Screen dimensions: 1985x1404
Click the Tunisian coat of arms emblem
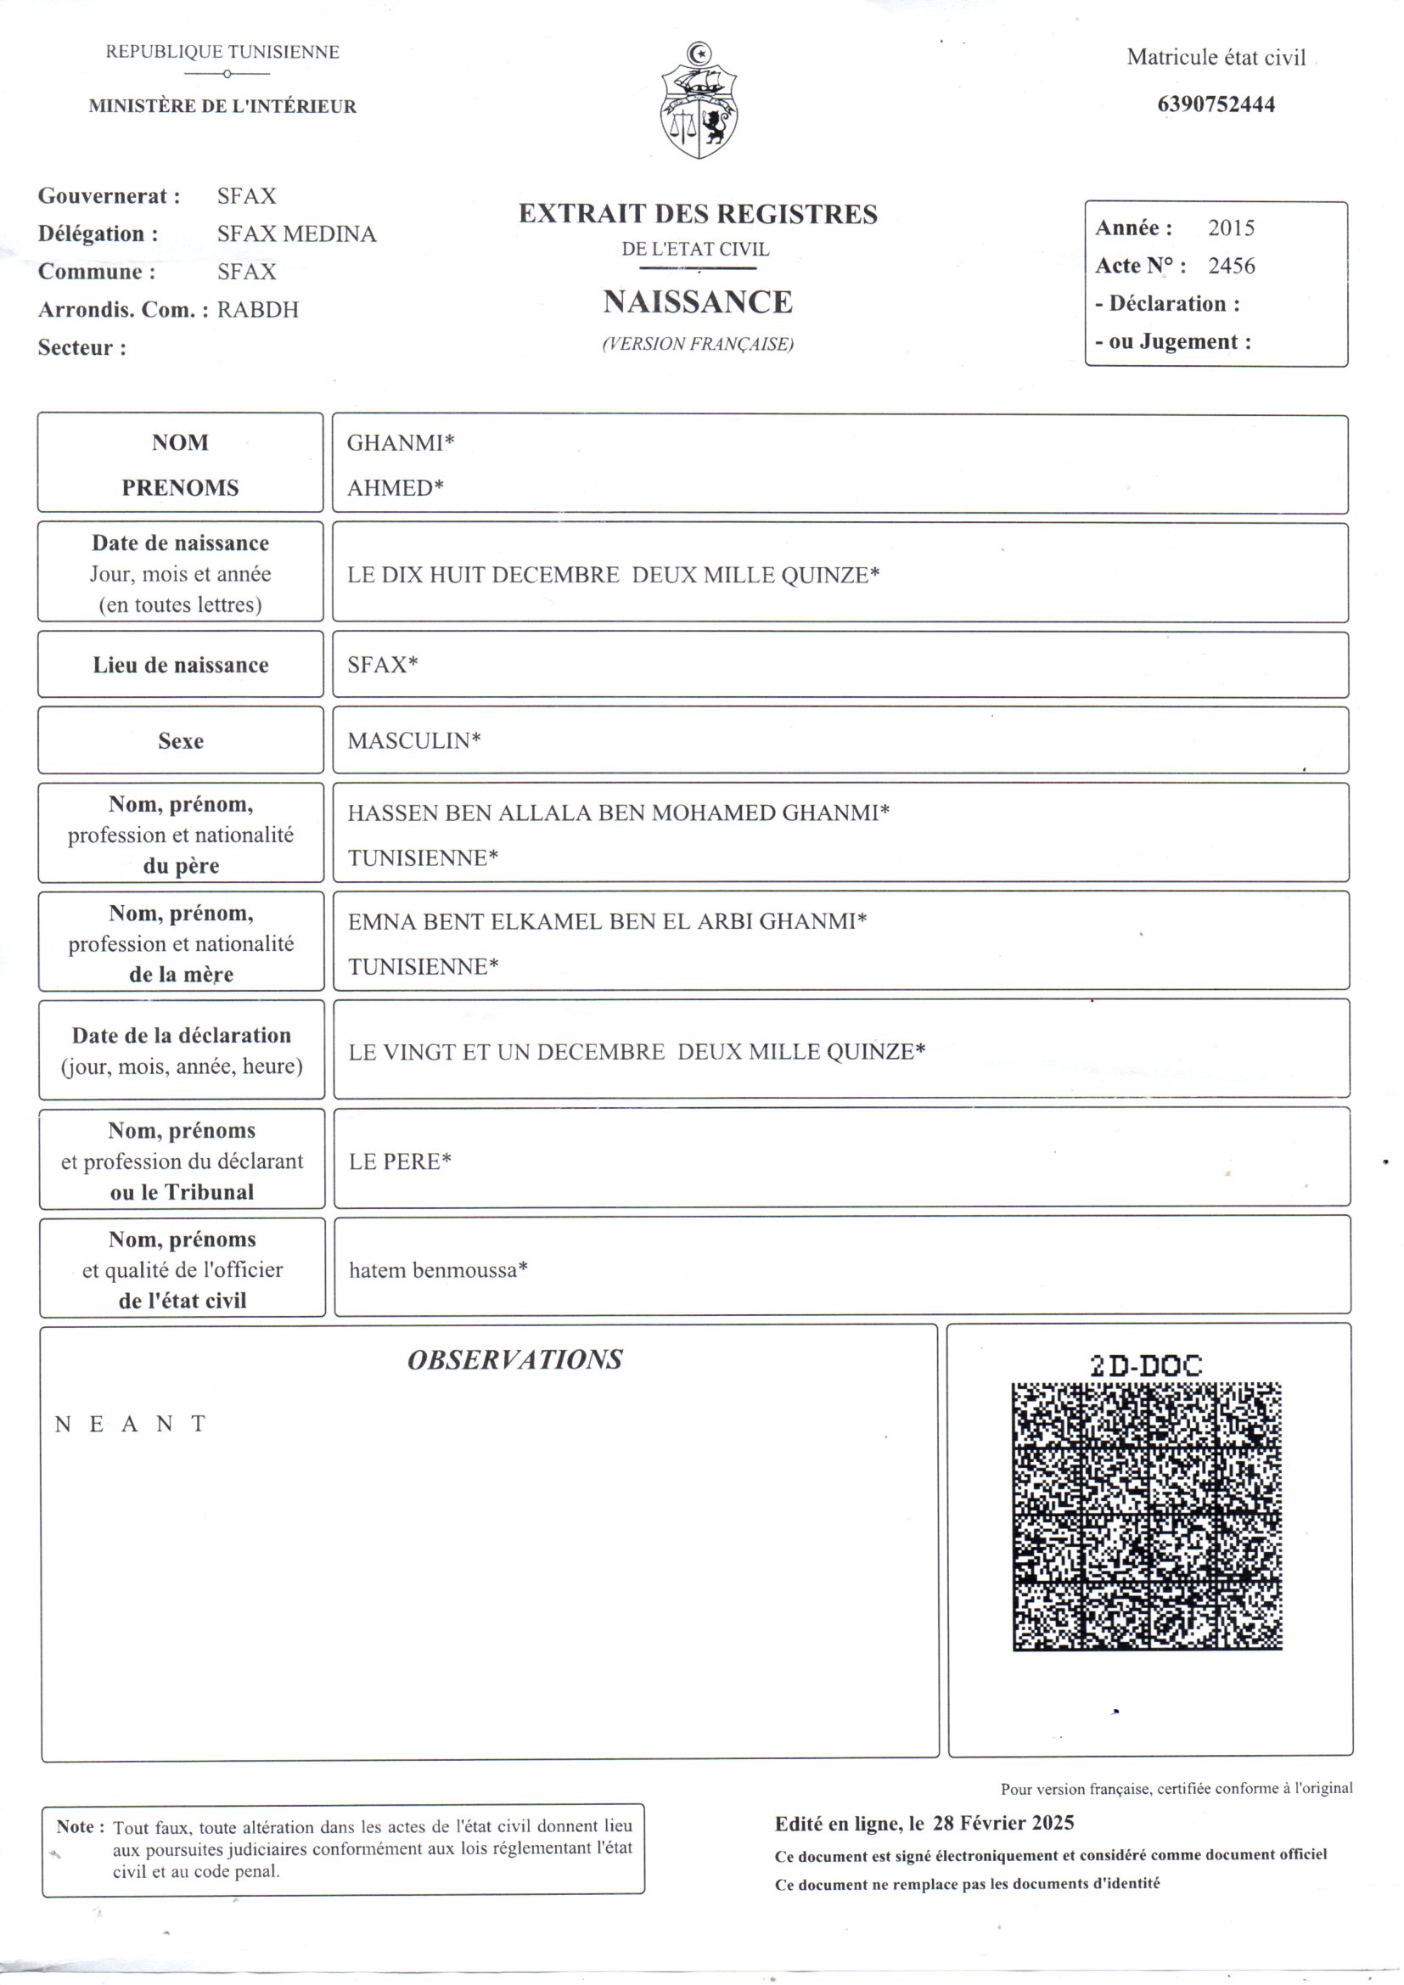(x=699, y=102)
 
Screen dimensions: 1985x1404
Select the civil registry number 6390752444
(x=1216, y=104)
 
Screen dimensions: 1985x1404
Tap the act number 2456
(x=1231, y=266)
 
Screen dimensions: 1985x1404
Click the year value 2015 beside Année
(x=1231, y=228)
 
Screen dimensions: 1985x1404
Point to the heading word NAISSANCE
(x=698, y=301)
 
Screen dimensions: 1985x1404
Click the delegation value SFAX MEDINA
(x=296, y=233)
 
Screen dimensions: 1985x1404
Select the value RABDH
(x=258, y=310)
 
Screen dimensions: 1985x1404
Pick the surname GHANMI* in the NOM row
(x=401, y=442)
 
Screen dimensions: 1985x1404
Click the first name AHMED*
(x=395, y=487)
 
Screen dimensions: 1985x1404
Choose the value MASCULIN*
(x=414, y=740)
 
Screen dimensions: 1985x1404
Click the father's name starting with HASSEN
(x=618, y=813)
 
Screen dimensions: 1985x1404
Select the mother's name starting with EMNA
(x=607, y=922)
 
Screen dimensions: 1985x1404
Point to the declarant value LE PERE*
(x=400, y=1161)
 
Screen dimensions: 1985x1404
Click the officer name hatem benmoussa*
(x=437, y=1270)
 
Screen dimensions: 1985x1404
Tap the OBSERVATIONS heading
(x=514, y=1360)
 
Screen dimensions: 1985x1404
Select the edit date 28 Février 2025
(x=1002, y=1823)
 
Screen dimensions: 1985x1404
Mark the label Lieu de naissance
(x=181, y=665)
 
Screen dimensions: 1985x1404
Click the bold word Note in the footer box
(x=76, y=1827)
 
